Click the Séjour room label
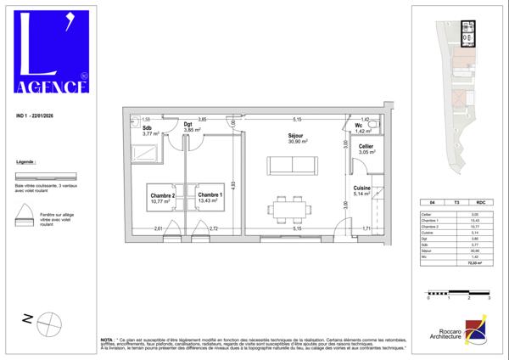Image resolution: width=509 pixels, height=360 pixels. (296, 136)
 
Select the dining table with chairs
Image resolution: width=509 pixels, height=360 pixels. (289, 208)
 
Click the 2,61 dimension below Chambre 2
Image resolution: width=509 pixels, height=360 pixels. (159, 229)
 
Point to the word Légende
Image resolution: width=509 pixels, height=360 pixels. (27, 161)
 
